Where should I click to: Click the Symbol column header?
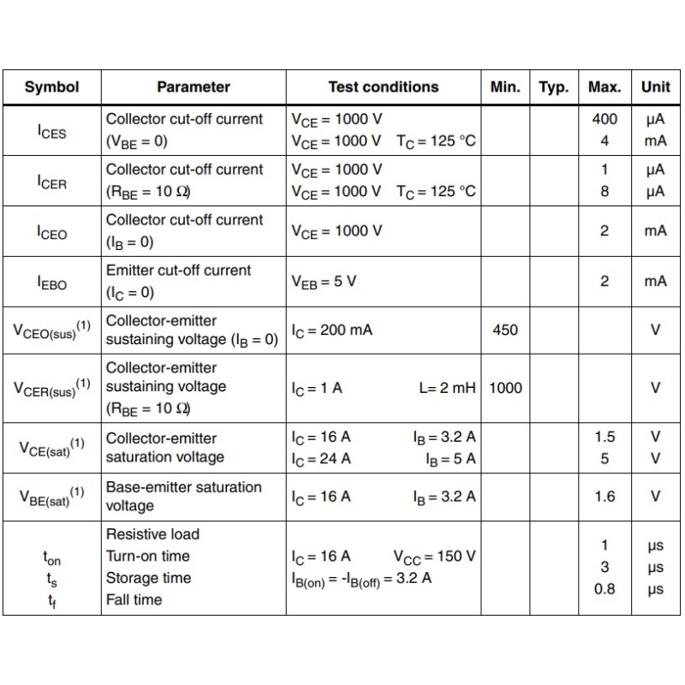click(51, 86)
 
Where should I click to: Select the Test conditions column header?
click(383, 86)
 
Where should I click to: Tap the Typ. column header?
click(554, 86)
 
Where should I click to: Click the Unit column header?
click(656, 86)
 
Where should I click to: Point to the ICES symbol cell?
click(51, 130)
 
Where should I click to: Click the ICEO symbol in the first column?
click(51, 232)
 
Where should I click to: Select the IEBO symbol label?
click(51, 282)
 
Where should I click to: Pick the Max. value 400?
click(605, 119)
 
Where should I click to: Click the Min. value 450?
click(505, 330)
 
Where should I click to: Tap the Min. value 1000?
click(505, 387)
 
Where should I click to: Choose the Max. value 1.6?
click(605, 496)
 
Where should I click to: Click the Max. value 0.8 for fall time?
click(605, 588)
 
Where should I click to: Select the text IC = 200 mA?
click(331, 330)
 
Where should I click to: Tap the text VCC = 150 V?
click(434, 557)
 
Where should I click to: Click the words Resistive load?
click(152, 534)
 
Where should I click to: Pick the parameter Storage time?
click(148, 578)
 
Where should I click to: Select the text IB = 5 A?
click(450, 458)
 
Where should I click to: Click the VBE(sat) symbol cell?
click(51, 496)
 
